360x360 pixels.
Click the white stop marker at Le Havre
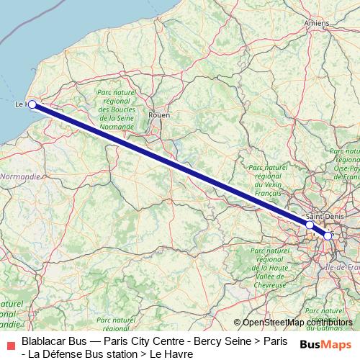[32, 104]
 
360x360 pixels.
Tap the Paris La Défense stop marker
[310, 225]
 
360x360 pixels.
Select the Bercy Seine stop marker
[328, 235]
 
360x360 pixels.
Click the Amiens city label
[317, 24]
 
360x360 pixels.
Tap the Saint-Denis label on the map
[321, 216]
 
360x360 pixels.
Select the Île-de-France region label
[343, 266]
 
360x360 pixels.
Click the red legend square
[9, 343]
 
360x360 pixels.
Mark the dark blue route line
[173, 166]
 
